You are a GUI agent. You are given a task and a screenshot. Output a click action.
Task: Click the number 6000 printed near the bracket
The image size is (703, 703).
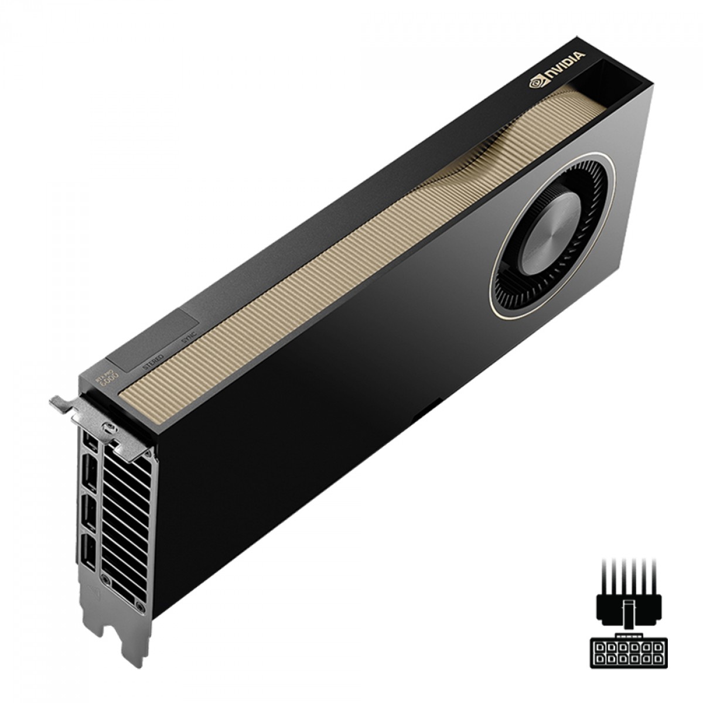point(110,381)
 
